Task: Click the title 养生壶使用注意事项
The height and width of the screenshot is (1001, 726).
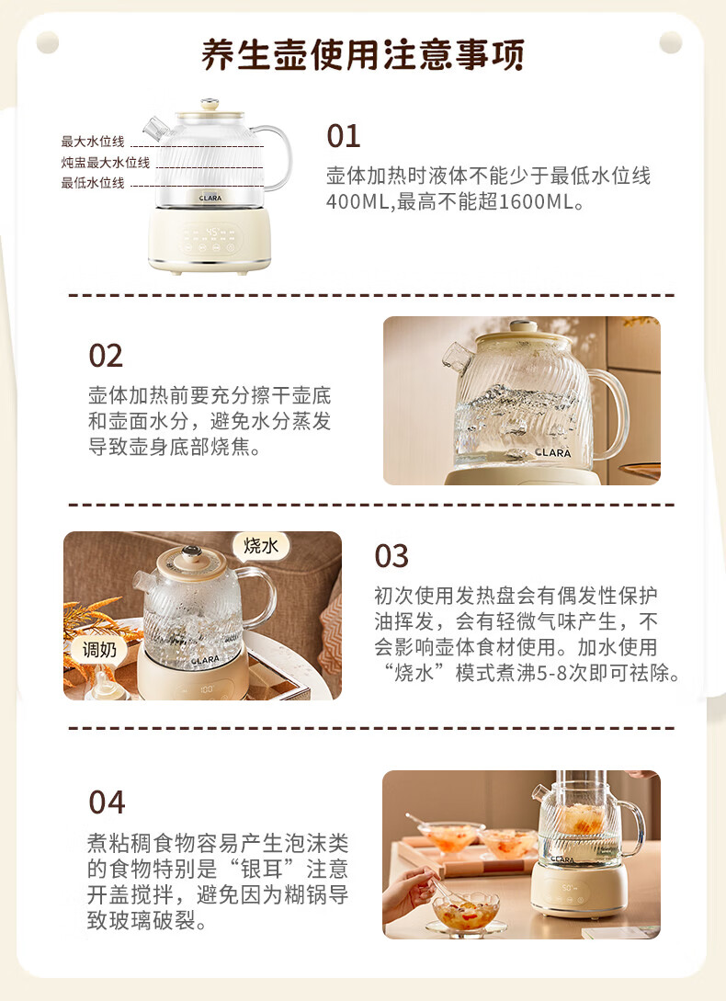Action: (363, 54)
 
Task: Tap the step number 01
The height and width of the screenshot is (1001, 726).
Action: (344, 136)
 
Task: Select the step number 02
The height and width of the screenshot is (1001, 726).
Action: (106, 356)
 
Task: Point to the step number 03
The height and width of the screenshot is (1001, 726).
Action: (391, 556)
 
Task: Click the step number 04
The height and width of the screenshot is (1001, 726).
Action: (107, 802)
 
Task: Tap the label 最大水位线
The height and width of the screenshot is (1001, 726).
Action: (93, 141)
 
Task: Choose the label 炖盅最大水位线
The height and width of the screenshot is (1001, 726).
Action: (106, 162)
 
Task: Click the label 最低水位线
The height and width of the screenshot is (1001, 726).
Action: (93, 183)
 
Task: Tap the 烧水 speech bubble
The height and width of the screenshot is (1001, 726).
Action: (261, 546)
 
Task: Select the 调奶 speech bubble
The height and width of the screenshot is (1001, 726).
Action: (99, 650)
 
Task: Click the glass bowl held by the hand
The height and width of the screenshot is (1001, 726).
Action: (466, 911)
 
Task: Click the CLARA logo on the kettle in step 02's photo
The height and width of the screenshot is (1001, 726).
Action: (553, 452)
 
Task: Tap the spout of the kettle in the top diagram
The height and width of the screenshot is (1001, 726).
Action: (155, 129)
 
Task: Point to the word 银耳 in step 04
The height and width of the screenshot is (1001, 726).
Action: (263, 869)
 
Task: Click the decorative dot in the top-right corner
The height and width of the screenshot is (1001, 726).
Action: (671, 42)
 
